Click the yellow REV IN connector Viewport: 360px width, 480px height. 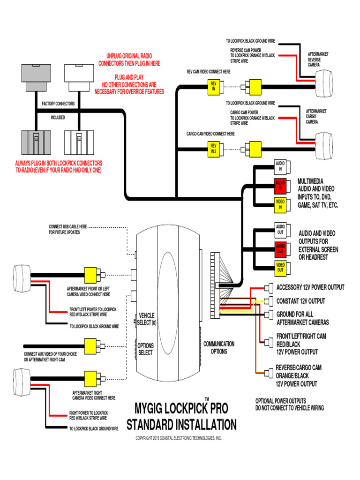coord(214,86)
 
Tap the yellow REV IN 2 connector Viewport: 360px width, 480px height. coord(214,149)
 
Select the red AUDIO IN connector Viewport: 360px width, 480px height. coord(280,185)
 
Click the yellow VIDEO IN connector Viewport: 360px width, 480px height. coord(280,203)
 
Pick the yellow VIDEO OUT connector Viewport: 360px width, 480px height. coord(280,267)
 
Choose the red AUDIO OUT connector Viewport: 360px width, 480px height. coord(280,248)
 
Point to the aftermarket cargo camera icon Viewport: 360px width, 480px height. coord(324,141)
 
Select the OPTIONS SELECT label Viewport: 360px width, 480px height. coord(146,349)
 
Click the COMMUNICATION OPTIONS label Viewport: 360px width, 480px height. coord(219,347)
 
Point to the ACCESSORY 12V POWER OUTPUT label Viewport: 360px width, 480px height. coord(310,287)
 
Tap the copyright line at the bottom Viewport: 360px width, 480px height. coord(179,438)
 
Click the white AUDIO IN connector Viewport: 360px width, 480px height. coord(280,166)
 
